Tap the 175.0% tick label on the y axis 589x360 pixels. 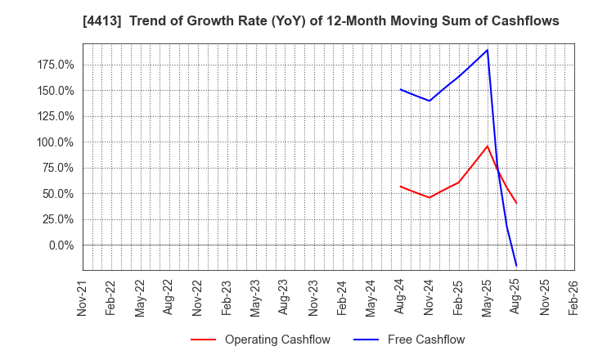56,65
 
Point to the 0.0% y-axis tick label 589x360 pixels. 61,245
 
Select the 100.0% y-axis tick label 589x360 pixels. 56,142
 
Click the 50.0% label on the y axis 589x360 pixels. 58,194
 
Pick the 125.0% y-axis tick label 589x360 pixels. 56,116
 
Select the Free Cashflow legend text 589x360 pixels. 425,340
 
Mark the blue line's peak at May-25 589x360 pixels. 488,50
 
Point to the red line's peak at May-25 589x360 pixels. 488,146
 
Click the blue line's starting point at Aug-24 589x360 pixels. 400,89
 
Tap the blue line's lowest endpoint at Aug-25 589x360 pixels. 516,265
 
